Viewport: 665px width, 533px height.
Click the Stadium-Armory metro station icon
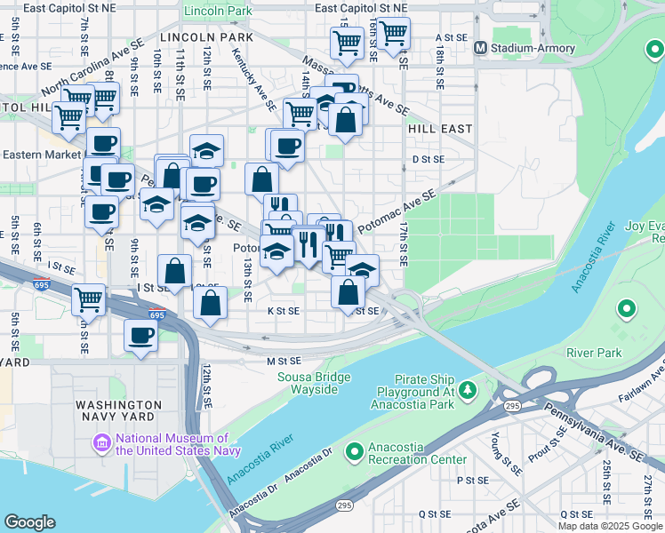point(480,47)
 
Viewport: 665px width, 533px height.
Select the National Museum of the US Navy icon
point(102,442)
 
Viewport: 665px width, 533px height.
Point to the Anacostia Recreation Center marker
point(355,454)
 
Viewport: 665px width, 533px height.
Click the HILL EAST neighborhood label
point(440,129)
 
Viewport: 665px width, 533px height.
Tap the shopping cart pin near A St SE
point(392,34)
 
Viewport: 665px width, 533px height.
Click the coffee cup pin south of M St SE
point(140,336)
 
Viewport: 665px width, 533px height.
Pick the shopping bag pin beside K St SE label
point(349,291)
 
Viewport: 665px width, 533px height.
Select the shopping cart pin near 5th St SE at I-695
point(88,300)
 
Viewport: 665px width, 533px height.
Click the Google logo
point(30,522)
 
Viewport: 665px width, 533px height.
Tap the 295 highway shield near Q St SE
point(344,505)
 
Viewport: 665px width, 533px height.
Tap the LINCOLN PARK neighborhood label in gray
point(206,37)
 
